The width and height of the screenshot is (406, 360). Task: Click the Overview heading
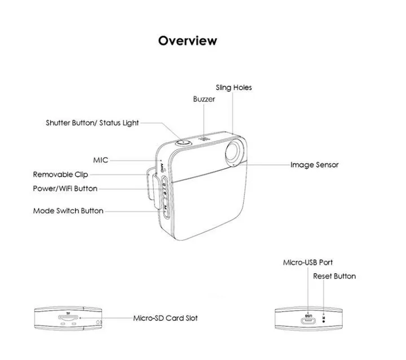pyautogui.click(x=187, y=41)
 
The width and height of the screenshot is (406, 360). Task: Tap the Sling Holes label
pyautogui.click(x=234, y=87)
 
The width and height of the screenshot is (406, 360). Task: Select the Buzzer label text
pyautogui.click(x=204, y=99)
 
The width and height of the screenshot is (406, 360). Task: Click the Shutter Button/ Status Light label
pyautogui.click(x=92, y=122)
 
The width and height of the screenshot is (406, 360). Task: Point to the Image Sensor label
pyautogui.click(x=314, y=165)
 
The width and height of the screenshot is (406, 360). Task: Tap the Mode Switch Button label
pyautogui.click(x=68, y=210)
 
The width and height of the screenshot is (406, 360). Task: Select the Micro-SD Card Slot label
pyautogui.click(x=165, y=318)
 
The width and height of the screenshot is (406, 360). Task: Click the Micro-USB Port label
pyautogui.click(x=308, y=262)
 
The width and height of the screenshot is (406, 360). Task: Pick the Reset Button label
pyautogui.click(x=334, y=276)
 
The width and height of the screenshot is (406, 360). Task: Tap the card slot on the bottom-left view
pyautogui.click(x=68, y=319)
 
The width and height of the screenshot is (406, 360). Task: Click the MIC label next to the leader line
pyautogui.click(x=100, y=160)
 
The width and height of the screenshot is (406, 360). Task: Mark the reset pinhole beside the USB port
pyautogui.click(x=323, y=316)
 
